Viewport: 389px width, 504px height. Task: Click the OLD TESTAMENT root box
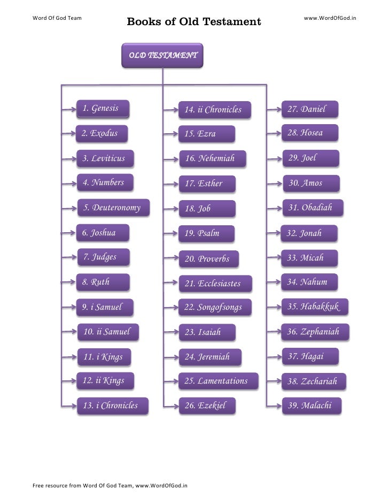point(162,56)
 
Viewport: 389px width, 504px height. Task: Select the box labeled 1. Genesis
point(103,109)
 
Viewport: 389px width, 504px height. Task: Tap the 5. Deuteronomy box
point(113,208)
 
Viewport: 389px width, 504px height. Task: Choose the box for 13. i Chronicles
point(112,406)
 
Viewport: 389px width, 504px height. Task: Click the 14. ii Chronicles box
point(214,110)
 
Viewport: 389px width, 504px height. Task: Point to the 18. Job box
point(207,209)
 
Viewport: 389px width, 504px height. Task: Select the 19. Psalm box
point(206,233)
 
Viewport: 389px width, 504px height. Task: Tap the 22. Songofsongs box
point(214,307)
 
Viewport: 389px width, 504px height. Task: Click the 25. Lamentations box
point(218,381)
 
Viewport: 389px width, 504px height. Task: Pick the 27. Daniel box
point(310,110)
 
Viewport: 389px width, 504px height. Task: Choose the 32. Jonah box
point(309,233)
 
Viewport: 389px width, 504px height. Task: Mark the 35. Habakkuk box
point(315,307)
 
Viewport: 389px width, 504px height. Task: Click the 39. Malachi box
point(313,406)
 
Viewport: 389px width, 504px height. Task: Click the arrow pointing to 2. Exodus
point(69,134)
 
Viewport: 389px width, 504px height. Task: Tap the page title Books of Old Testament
point(194,22)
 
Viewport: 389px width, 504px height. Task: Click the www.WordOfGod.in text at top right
point(330,18)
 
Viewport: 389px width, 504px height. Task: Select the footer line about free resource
point(110,486)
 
